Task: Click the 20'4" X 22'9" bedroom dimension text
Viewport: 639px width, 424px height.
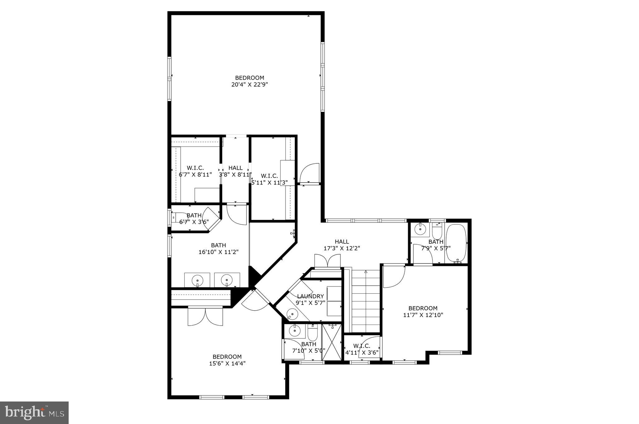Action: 249,84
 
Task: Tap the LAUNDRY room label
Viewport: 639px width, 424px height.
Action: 310,296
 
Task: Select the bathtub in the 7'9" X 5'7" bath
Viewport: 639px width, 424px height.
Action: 456,243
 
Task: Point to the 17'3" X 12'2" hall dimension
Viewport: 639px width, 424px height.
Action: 342,248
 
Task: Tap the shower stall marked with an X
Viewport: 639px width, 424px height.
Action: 331,342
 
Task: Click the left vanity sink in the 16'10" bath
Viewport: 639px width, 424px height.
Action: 197,280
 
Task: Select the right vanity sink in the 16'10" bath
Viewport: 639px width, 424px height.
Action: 226,280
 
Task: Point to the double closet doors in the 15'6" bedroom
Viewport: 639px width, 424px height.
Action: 205,316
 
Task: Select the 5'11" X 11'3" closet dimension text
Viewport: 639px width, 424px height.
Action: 270,182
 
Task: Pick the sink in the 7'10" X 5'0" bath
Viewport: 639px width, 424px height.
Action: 294,331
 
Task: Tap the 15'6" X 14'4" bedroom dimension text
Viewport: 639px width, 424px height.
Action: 227,363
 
